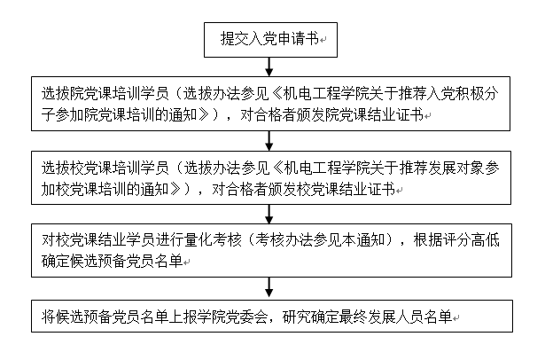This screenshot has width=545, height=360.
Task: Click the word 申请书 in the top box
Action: coord(299,39)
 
